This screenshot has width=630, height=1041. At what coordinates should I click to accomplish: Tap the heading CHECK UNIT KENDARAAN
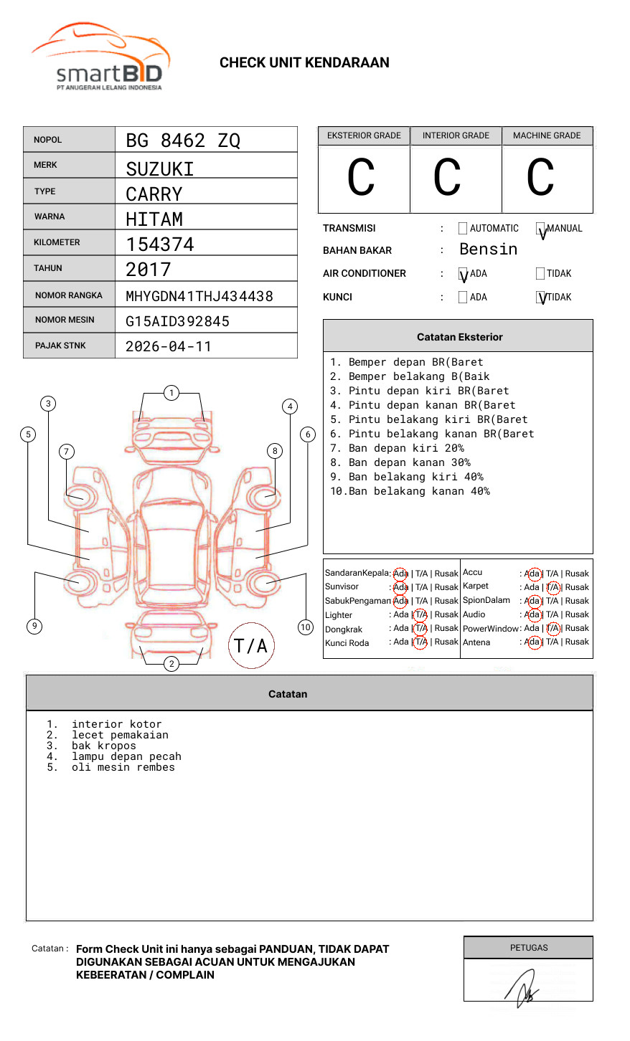click(x=304, y=63)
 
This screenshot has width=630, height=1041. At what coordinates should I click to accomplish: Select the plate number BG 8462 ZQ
click(x=183, y=141)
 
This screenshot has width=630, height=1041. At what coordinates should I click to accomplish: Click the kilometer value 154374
click(x=160, y=244)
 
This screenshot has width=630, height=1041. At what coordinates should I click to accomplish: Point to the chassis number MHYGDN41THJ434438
click(x=199, y=296)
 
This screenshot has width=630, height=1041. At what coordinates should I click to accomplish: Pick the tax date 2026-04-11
click(x=169, y=346)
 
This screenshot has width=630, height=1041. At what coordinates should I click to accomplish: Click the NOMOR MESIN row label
click(x=65, y=320)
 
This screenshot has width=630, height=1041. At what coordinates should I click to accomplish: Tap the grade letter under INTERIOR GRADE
click(x=447, y=178)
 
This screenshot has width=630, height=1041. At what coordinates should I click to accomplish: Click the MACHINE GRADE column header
click(x=547, y=136)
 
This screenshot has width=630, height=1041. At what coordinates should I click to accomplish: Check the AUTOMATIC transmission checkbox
click(x=463, y=229)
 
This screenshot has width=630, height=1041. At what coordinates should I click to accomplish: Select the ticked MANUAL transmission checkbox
click(x=540, y=229)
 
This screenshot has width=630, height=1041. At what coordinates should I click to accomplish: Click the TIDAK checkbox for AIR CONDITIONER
click(x=540, y=273)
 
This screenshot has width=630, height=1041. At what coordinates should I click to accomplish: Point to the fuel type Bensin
click(x=488, y=249)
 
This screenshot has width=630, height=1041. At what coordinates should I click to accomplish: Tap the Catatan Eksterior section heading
click(x=459, y=337)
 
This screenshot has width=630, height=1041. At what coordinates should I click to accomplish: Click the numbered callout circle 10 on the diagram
click(x=306, y=627)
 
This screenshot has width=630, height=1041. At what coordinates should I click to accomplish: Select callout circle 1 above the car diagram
click(x=171, y=392)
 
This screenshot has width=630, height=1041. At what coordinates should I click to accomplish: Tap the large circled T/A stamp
click(x=251, y=645)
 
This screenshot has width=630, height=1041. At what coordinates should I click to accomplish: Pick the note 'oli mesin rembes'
click(x=123, y=767)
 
